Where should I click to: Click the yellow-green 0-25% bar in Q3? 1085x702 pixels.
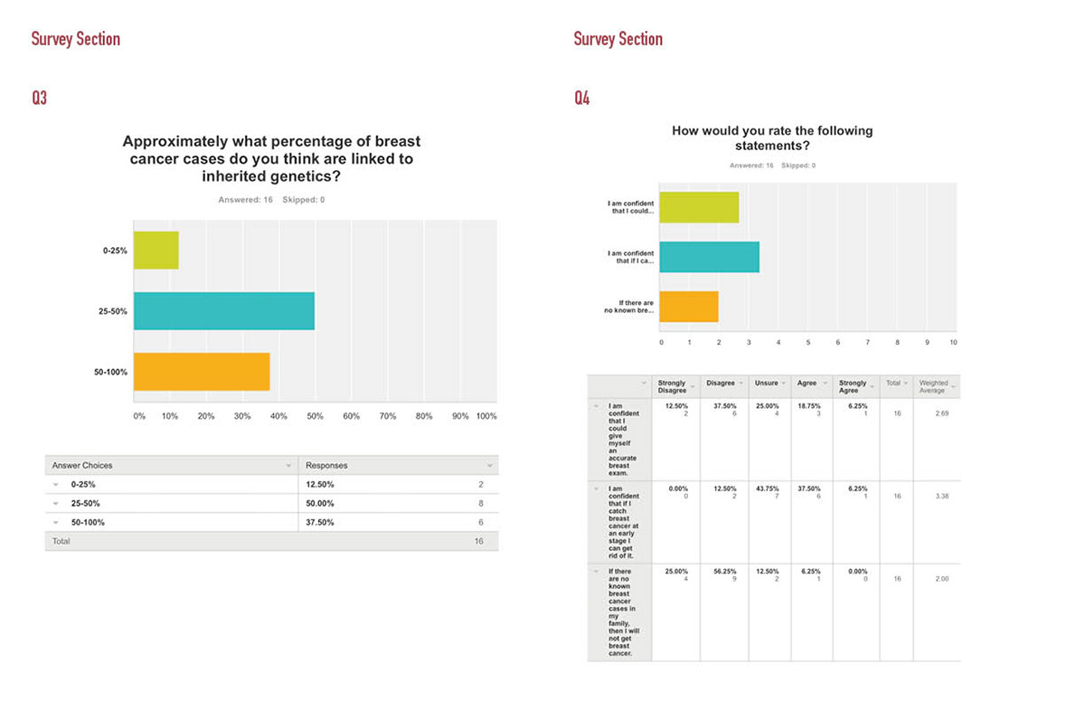(x=156, y=251)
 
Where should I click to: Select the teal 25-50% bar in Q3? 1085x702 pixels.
(x=223, y=311)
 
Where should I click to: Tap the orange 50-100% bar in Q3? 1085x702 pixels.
(x=202, y=371)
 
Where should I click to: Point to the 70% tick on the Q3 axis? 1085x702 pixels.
(x=387, y=416)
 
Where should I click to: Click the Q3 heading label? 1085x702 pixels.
(x=39, y=98)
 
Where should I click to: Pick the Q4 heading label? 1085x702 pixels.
(x=581, y=98)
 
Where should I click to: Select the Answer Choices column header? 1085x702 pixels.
(x=82, y=465)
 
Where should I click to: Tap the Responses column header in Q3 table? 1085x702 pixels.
(x=326, y=465)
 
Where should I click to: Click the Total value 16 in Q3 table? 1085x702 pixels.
(x=478, y=541)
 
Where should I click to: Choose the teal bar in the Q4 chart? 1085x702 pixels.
(x=709, y=257)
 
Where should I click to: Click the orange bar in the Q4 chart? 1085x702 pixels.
(x=688, y=307)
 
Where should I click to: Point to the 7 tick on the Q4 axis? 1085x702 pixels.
(x=867, y=343)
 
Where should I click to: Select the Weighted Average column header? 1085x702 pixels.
(x=933, y=386)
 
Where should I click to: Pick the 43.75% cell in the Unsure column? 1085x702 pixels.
(x=767, y=489)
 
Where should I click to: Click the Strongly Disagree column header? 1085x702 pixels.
(x=672, y=386)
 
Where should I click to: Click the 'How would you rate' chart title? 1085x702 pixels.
(x=771, y=138)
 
